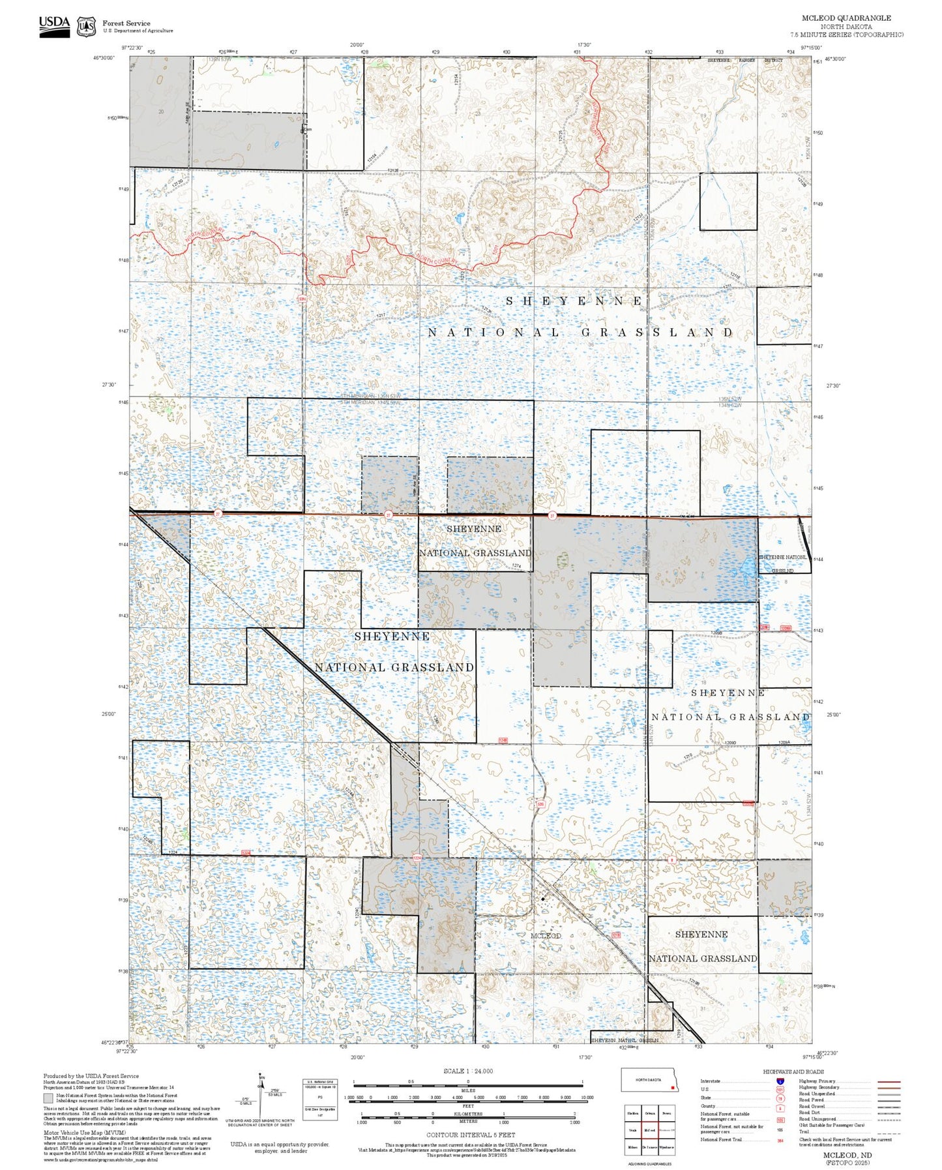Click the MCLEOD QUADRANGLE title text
(846, 18)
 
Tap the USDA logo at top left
(54, 25)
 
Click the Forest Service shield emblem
(86, 27)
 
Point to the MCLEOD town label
(545, 936)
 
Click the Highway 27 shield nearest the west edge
(218, 514)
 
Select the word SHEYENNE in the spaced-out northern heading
(574, 301)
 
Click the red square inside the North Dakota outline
(671, 1087)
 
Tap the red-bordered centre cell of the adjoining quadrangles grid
(649, 1131)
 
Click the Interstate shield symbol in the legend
(780, 1081)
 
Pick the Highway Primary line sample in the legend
(889, 1081)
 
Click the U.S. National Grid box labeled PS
(319, 1097)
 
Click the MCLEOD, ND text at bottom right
(847, 1155)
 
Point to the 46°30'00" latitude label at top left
(103, 58)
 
